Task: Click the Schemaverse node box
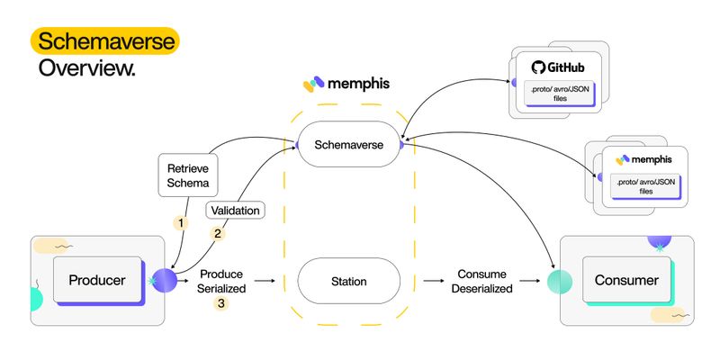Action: [x=349, y=144]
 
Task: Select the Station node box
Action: [x=349, y=281]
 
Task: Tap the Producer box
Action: [x=97, y=280]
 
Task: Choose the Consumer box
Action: [x=626, y=280]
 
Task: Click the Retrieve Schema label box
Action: [x=188, y=175]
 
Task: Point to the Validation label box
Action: [x=235, y=211]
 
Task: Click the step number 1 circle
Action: [x=181, y=223]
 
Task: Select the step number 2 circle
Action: [x=218, y=234]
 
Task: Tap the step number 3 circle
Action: [x=221, y=303]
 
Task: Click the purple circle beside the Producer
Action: [x=165, y=281]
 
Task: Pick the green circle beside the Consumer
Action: [x=560, y=282]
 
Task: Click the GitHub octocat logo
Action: [x=538, y=67]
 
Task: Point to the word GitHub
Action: [x=565, y=68]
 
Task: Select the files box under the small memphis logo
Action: [x=645, y=186]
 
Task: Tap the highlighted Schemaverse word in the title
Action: [x=106, y=41]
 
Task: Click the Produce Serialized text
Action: [x=221, y=281]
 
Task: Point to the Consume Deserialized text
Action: [x=481, y=281]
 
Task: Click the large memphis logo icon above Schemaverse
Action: [x=314, y=84]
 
